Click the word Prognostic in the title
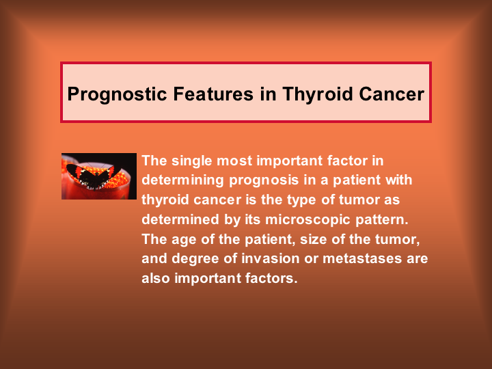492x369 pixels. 117,94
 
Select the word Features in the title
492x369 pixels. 213,94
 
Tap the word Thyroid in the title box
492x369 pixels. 318,94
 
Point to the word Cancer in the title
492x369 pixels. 392,94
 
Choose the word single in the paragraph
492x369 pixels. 192,161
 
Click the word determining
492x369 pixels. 182,180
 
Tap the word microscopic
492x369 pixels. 307,220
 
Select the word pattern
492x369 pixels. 382,219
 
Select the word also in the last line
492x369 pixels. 156,278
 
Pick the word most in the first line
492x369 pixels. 234,161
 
